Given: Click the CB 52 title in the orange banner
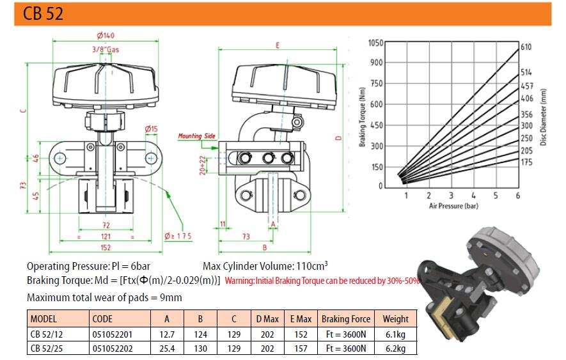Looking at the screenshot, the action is [x=43, y=13].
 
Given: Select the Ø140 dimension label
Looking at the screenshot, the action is [x=106, y=35].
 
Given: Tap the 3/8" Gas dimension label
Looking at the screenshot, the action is [x=106, y=49].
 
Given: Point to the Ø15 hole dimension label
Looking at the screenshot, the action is [x=151, y=129].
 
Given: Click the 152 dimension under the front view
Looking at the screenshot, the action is [x=106, y=247].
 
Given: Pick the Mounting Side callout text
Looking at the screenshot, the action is [x=196, y=136].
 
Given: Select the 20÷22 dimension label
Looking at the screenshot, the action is [x=203, y=166].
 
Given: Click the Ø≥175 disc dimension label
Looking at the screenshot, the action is [x=178, y=236].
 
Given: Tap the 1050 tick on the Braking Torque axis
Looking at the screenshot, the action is [x=375, y=43].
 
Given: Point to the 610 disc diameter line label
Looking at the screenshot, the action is [x=526, y=47].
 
